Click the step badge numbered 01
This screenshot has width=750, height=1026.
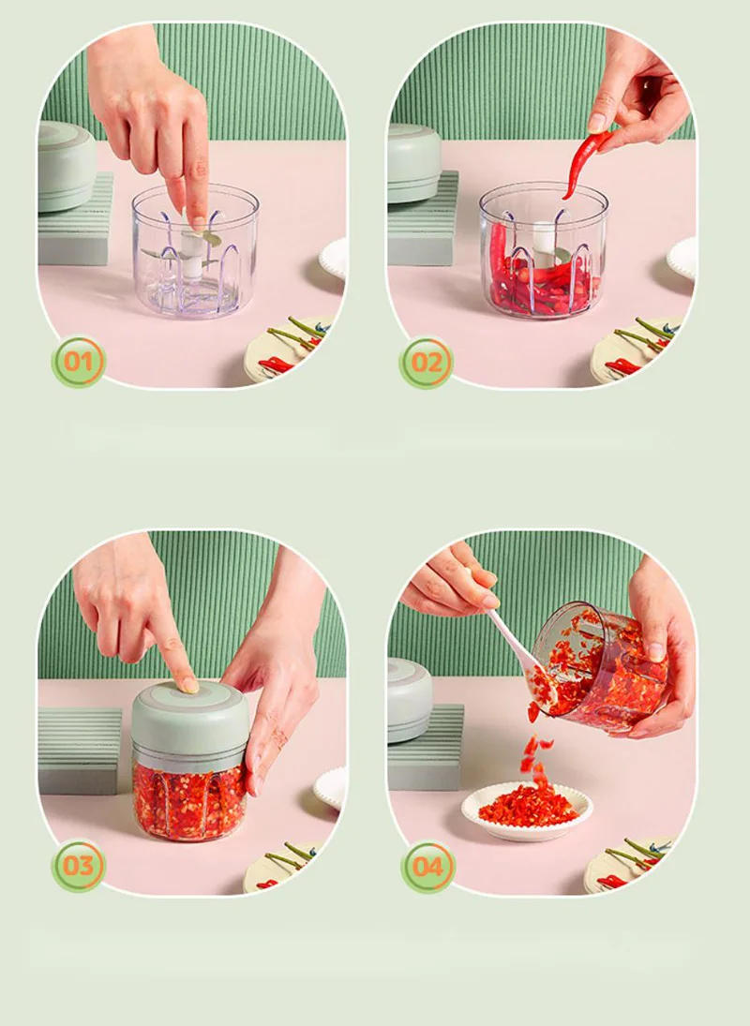click(79, 362)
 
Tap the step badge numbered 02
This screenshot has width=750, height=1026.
click(427, 363)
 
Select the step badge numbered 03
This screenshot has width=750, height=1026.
click(79, 867)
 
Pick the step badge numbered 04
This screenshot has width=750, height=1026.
click(427, 867)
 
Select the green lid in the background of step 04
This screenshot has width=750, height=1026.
click(409, 698)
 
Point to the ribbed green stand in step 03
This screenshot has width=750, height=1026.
click(80, 750)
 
